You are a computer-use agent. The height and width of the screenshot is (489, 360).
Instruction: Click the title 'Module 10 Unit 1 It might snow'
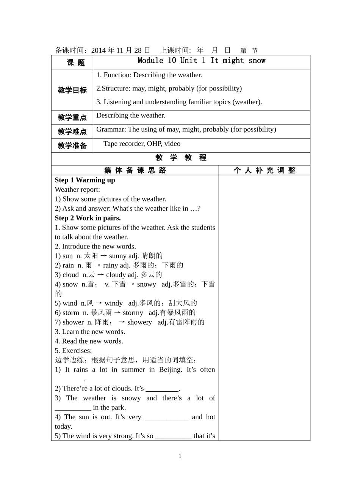tap(201, 61)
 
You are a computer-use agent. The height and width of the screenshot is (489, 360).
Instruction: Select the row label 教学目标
tap(72, 90)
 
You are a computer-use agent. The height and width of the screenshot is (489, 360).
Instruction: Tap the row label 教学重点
tap(72, 117)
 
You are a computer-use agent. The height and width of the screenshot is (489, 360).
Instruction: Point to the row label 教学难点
tap(72, 131)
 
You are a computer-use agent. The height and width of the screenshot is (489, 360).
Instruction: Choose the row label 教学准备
tap(72, 145)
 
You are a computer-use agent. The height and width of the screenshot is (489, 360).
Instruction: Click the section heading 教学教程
tap(181, 158)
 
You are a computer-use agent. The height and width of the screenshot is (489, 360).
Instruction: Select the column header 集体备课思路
tap(135, 170)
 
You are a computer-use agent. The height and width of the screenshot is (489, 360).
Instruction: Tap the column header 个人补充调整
tap(264, 170)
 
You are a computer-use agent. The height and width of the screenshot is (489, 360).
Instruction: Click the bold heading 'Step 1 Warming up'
tap(85, 180)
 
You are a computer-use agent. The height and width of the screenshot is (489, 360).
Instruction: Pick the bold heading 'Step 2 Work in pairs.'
tap(88, 218)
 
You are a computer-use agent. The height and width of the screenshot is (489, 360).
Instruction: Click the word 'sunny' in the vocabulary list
tap(118, 256)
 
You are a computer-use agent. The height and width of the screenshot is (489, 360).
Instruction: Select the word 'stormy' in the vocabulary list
tap(133, 312)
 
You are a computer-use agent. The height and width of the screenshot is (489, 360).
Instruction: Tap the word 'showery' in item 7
tap(139, 322)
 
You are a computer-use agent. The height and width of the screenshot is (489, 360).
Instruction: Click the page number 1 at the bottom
tap(180, 456)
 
